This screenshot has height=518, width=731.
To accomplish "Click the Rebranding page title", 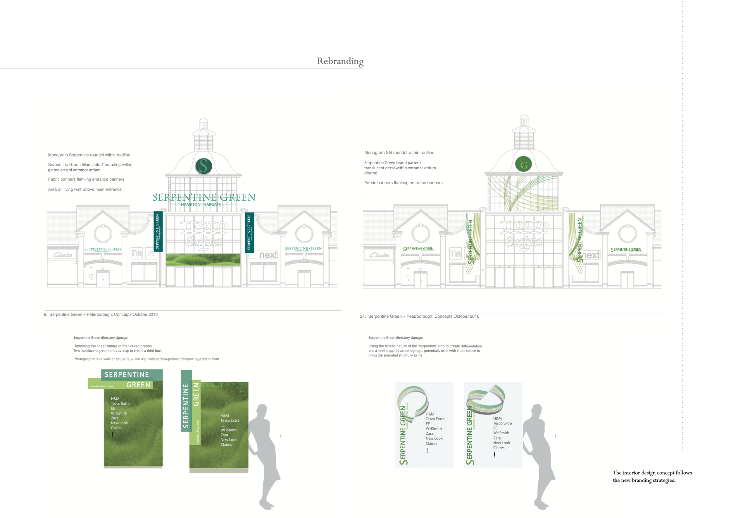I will pyautogui.click(x=340, y=61).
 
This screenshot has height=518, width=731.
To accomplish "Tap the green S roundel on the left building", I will pyautogui.click(x=204, y=166).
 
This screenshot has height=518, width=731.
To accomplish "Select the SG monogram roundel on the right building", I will pyautogui.click(x=523, y=164).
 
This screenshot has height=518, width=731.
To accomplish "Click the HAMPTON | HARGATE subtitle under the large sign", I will pyautogui.click(x=201, y=204).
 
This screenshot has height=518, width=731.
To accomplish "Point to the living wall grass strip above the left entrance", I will pyautogui.click(x=203, y=260).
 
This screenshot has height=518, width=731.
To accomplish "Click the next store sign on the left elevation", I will pyautogui.click(x=268, y=255).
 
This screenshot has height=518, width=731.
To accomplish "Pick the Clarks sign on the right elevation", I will pyautogui.click(x=379, y=255).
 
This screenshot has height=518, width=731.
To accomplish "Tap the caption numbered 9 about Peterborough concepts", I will pyautogui.click(x=101, y=314).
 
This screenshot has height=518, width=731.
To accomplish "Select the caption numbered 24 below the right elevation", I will pyautogui.click(x=419, y=316).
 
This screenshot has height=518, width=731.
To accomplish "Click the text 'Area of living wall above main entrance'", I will pyautogui.click(x=85, y=190).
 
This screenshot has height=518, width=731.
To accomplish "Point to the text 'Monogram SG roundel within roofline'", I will pyautogui.click(x=399, y=153).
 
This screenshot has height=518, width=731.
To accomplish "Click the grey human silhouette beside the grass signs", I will pyautogui.click(x=264, y=456).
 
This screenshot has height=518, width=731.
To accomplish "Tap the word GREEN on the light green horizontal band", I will pyautogui.click(x=138, y=385).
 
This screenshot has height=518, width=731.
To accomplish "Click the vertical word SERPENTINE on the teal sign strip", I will pyautogui.click(x=186, y=405).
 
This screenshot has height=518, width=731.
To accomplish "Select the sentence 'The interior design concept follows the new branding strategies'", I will pyautogui.click(x=652, y=476).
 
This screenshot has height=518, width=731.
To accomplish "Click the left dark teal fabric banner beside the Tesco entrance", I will pyautogui.click(x=158, y=231).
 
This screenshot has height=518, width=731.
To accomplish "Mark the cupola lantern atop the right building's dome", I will pyautogui.click(x=524, y=134).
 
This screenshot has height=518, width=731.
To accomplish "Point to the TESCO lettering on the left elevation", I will pyautogui.click(x=204, y=226).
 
